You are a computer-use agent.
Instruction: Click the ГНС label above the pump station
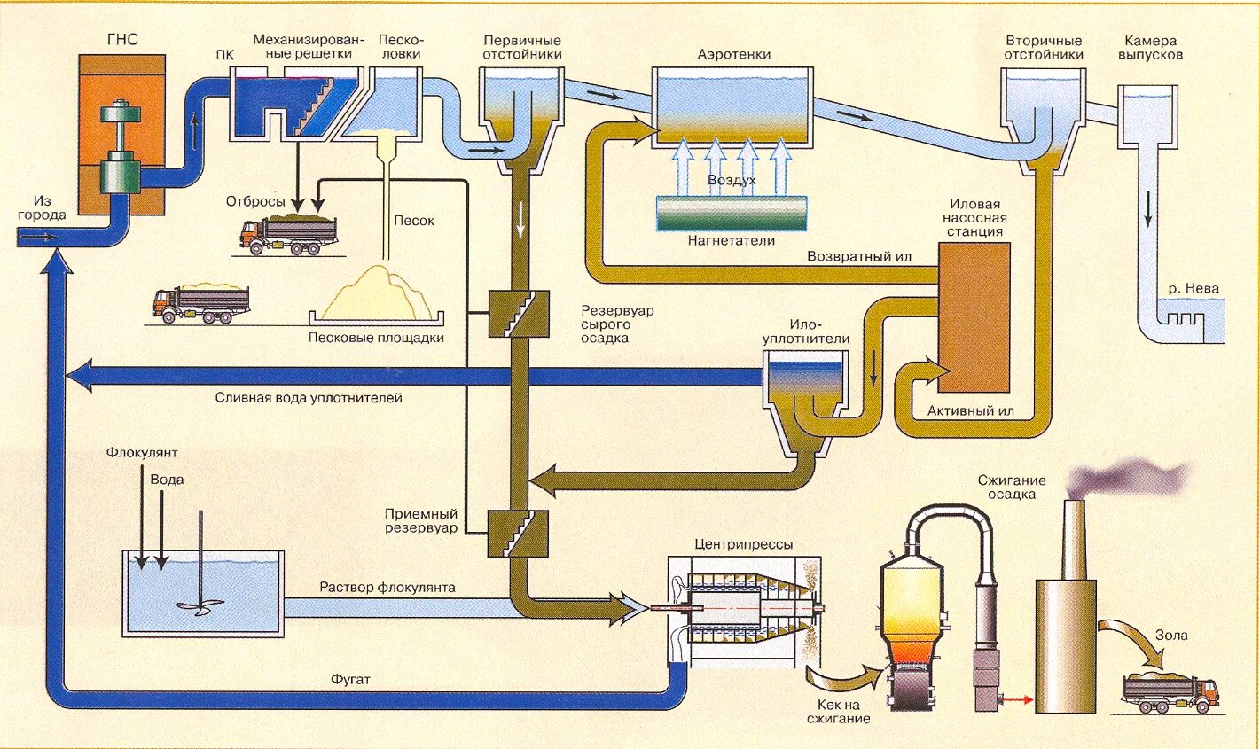(122, 41)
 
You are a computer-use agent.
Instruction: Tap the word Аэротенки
(733, 55)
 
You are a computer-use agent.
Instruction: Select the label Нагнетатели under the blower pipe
(731, 241)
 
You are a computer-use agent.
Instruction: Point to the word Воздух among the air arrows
(732, 180)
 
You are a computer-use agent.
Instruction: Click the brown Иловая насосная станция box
(973, 317)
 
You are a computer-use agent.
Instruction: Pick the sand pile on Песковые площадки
(378, 293)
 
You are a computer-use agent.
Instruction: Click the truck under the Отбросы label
(289, 234)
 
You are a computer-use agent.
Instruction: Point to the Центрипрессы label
(744, 544)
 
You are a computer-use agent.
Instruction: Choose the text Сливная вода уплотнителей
(309, 398)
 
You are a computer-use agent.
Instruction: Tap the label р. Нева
(1193, 289)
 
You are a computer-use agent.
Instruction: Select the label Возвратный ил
(859, 256)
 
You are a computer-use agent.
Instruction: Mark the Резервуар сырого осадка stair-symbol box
(519, 314)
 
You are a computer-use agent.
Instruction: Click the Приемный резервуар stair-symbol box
(519, 533)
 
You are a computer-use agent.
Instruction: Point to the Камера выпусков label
(1150, 48)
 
